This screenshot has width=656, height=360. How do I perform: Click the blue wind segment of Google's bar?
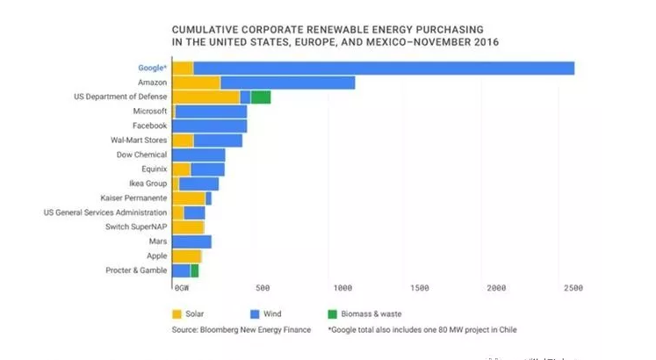383,68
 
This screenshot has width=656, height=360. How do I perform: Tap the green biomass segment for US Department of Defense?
260,97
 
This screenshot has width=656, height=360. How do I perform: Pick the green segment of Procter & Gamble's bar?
194,270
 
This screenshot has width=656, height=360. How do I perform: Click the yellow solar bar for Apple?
187,256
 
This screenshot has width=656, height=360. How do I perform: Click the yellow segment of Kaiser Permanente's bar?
189,198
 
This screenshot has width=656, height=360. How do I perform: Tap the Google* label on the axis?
152,68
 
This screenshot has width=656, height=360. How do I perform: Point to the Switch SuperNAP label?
136,227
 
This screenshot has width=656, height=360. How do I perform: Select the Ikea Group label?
147,184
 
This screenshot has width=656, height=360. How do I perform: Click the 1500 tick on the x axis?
419,288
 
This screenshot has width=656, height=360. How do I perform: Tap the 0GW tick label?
182,288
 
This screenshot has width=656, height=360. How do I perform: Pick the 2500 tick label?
573,288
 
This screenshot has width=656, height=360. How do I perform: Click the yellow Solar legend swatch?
177,313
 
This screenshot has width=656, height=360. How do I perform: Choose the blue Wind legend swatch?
256,313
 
